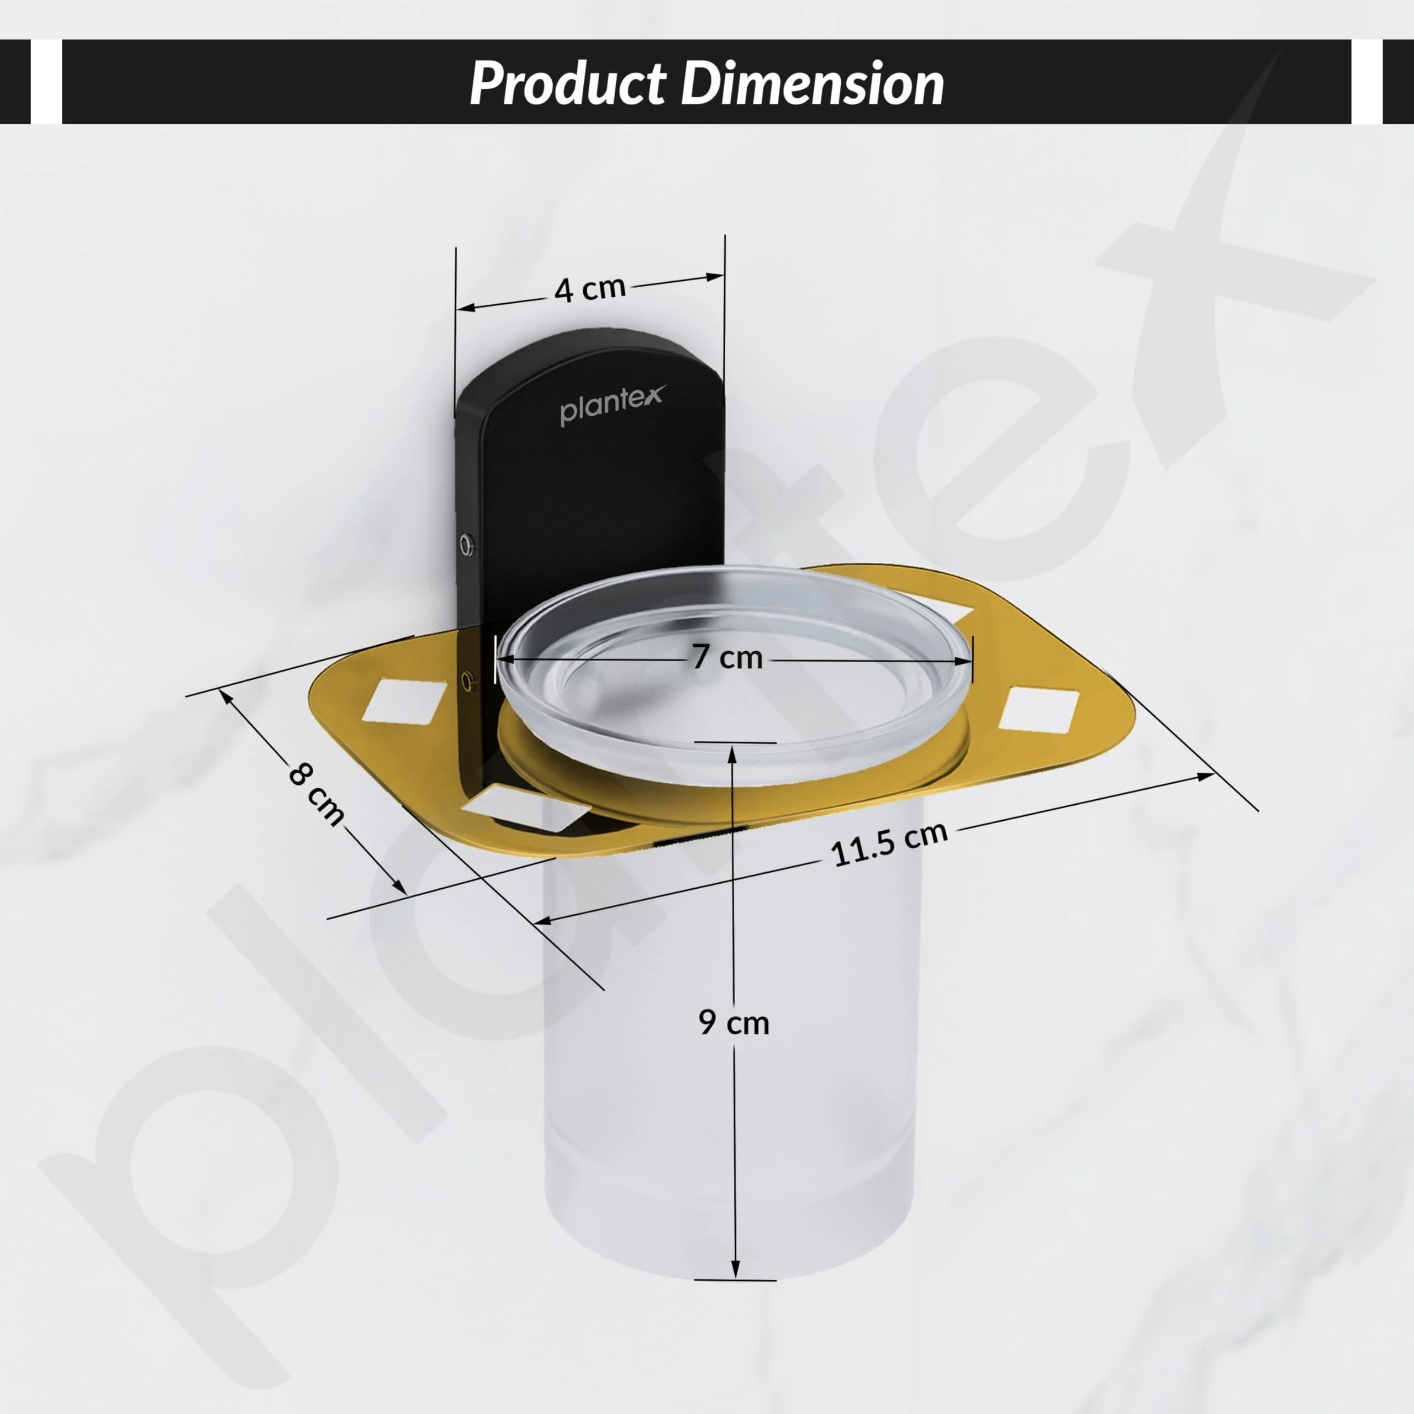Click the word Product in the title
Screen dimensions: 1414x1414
tap(567, 83)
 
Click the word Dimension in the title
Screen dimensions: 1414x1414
tap(812, 83)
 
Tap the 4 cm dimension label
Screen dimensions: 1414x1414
tap(590, 289)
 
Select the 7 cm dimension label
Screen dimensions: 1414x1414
tap(727, 657)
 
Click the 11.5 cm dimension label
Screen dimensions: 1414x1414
tap(889, 844)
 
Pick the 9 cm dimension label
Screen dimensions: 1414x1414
tap(734, 1022)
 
